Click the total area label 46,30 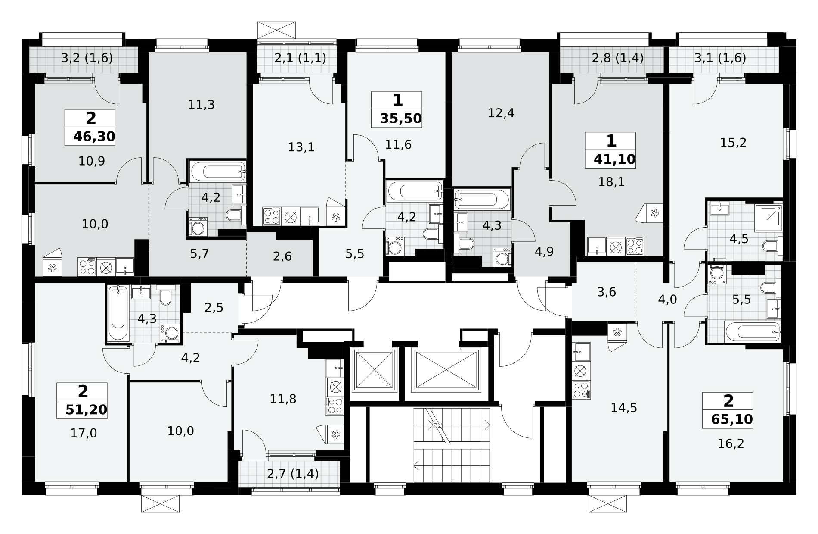click(94, 137)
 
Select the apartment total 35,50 click(401, 118)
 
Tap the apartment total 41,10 click(614, 159)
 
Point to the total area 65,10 click(732, 419)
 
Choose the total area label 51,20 click(86, 409)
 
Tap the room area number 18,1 click(611, 182)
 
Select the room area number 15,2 click(734, 142)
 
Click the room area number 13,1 click(301, 147)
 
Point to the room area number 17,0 click(84, 433)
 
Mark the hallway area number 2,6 click(282, 256)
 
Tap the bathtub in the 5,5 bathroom click(752, 332)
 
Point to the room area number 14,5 click(624, 407)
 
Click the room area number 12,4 click(501, 113)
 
